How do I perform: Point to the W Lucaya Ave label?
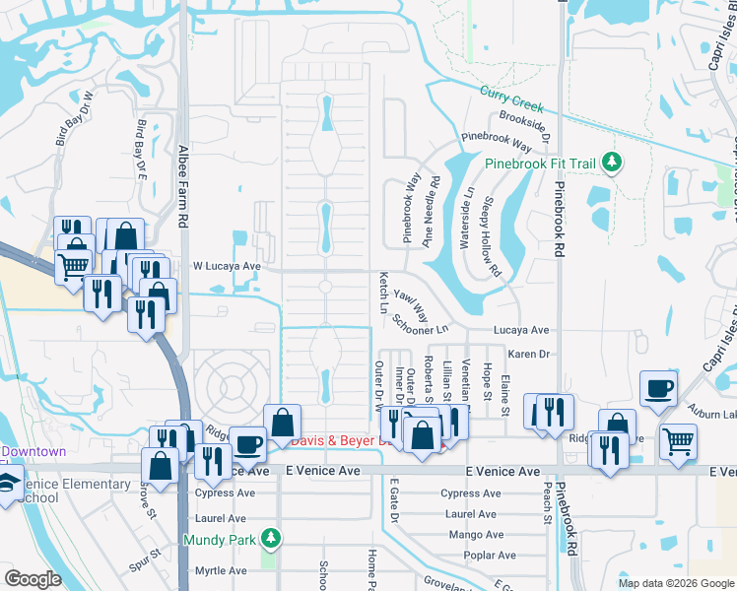pos(226,266)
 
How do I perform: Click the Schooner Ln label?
pos(420,324)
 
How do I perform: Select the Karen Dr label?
pos(528,353)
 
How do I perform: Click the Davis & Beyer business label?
pos(335,439)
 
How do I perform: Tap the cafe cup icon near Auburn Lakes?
pos(658,387)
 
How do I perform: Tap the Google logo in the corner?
pos(33,579)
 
